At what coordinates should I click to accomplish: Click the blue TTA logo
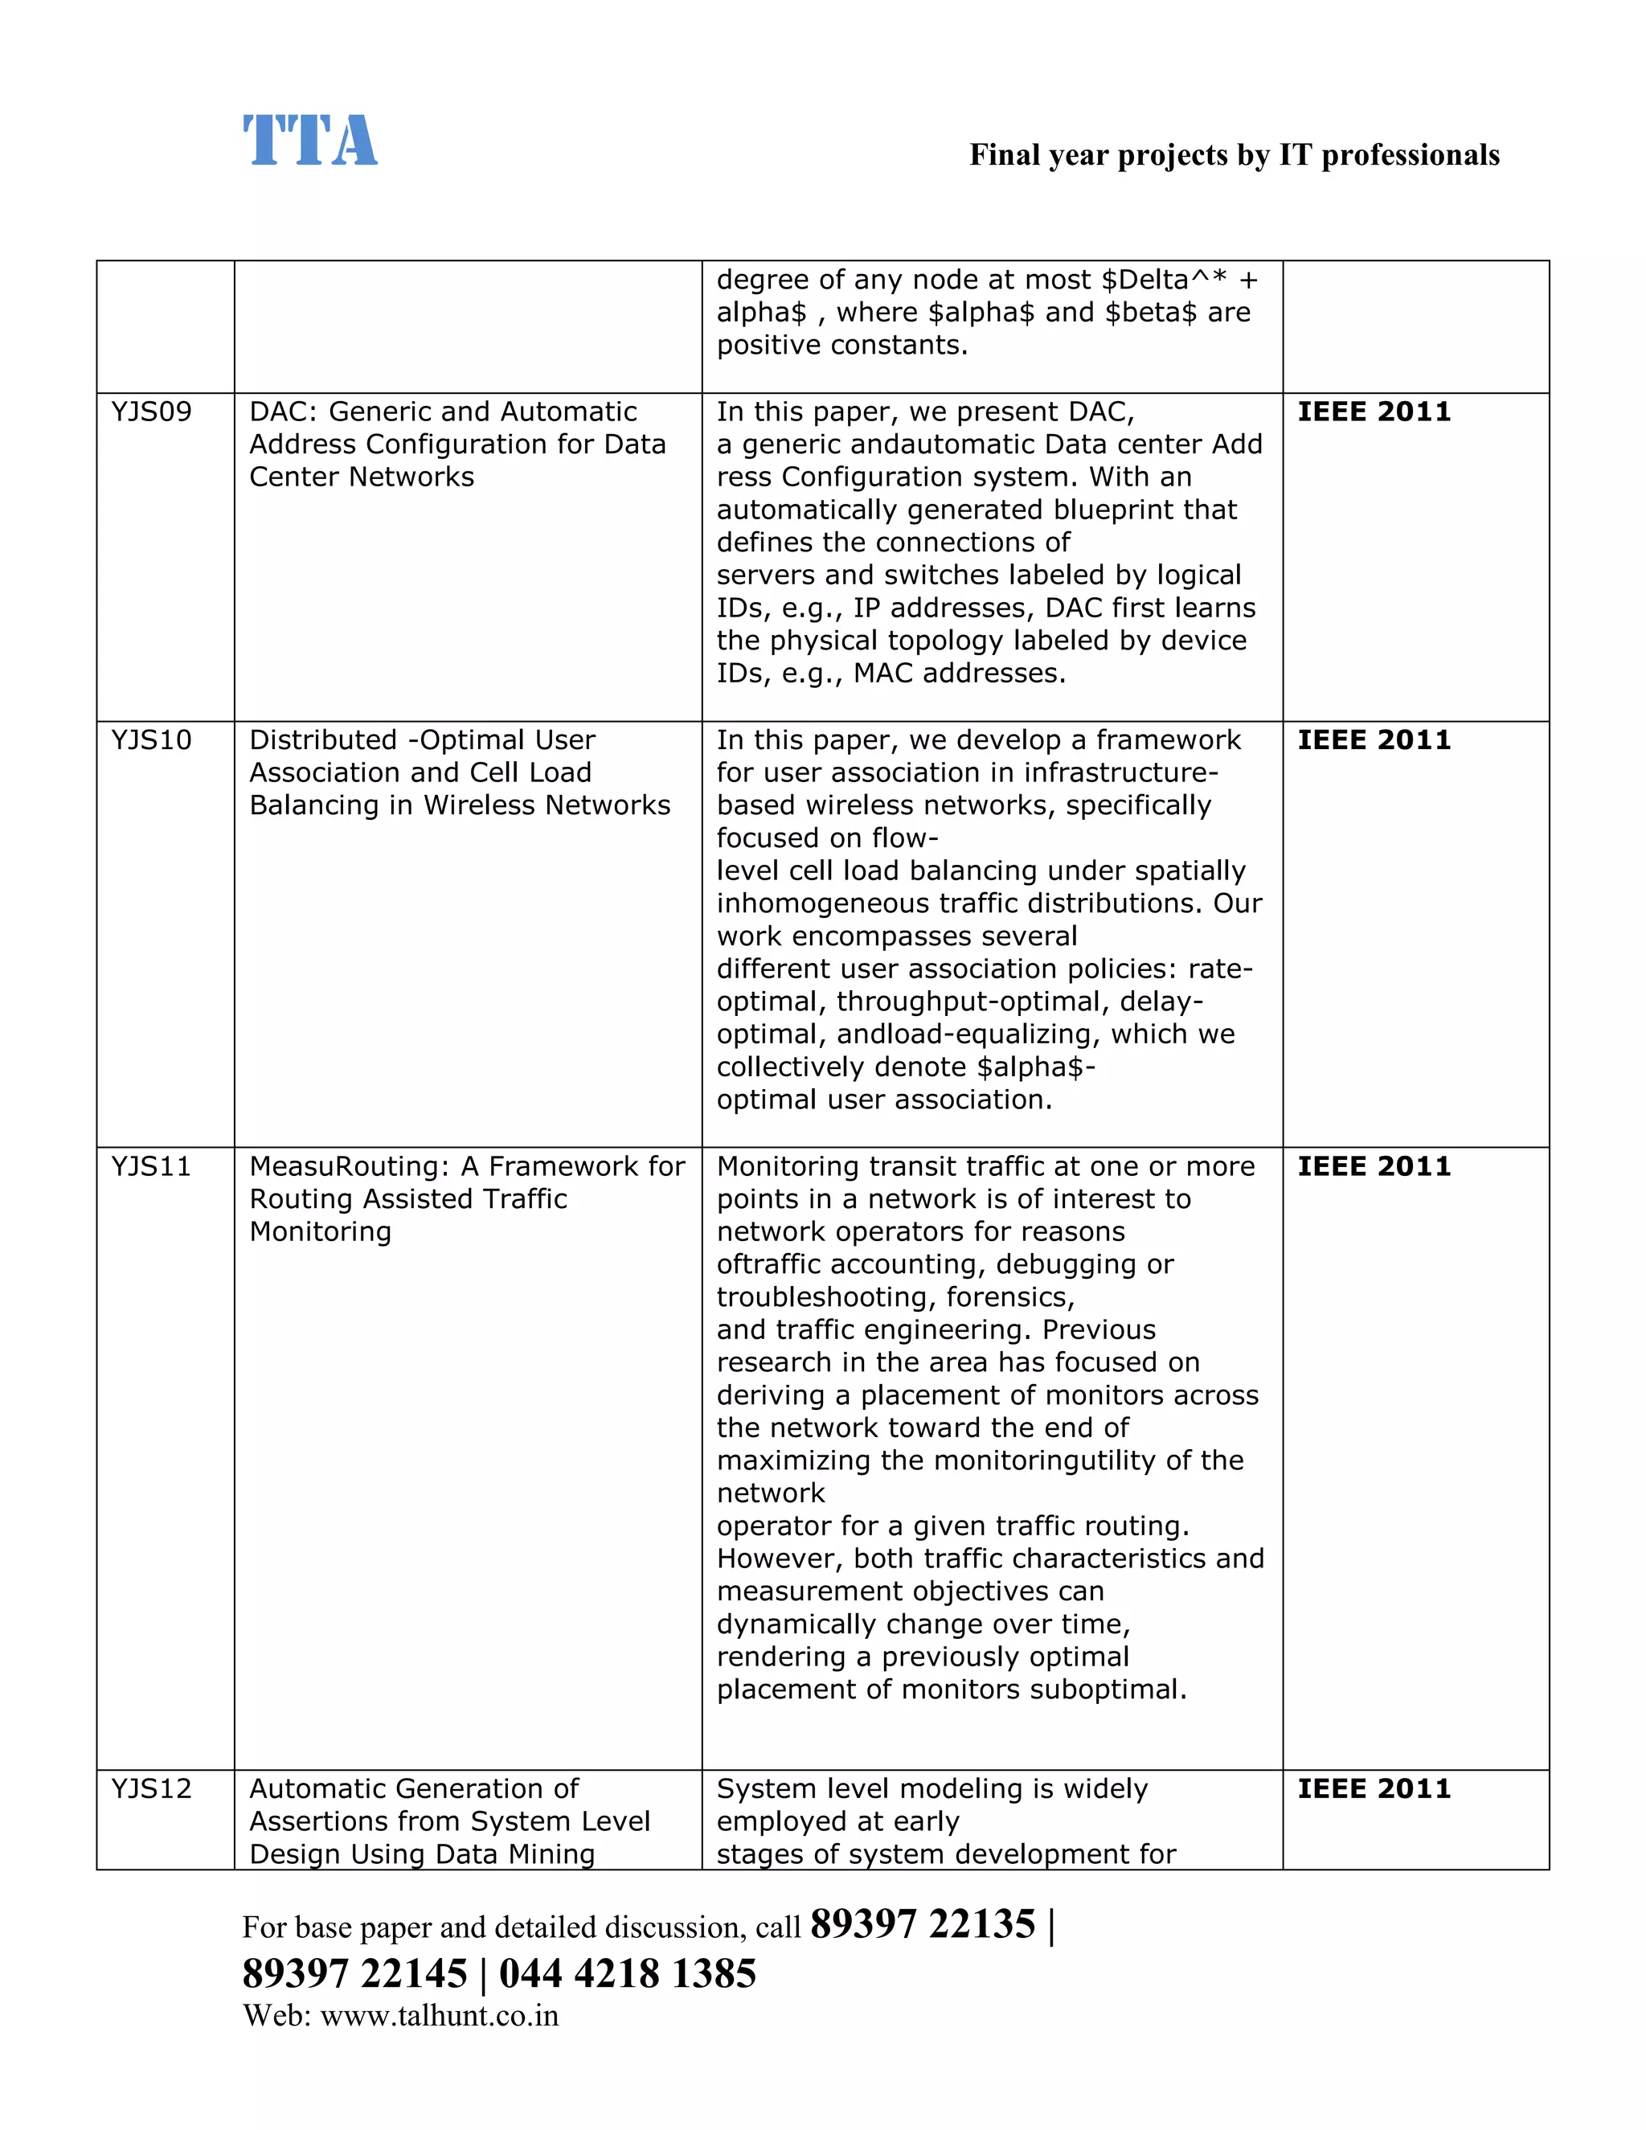point(309,141)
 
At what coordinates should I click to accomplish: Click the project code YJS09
point(151,412)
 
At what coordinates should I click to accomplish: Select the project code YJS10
point(151,740)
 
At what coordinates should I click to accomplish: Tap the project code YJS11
point(151,1166)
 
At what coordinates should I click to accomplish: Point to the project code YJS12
point(151,1788)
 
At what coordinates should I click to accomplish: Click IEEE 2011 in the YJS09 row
point(1373,412)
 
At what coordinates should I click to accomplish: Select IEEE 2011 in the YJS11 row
point(1373,1166)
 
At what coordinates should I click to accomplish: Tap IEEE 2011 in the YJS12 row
point(1373,1788)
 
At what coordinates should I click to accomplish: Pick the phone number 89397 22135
point(922,1924)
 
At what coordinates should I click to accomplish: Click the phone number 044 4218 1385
point(627,1973)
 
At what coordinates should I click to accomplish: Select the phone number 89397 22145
point(355,1973)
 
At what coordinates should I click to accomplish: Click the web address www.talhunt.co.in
point(439,2015)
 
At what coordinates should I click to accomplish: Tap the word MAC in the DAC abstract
point(884,673)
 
